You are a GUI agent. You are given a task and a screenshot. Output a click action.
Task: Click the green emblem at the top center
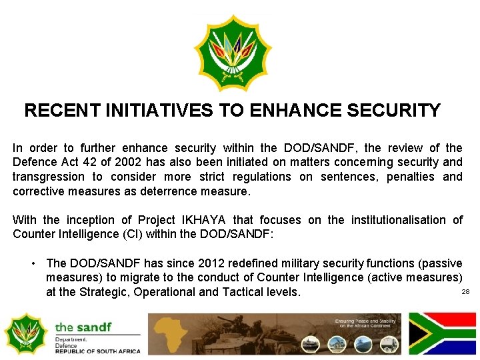coord(233,53)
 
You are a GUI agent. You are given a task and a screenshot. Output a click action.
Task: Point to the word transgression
coord(49,177)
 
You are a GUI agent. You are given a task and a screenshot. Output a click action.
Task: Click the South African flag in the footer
coord(442,333)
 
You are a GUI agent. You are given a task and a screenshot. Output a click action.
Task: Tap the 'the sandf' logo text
coord(83,327)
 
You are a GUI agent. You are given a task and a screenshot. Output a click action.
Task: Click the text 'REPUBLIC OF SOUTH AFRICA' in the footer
coord(97,351)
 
